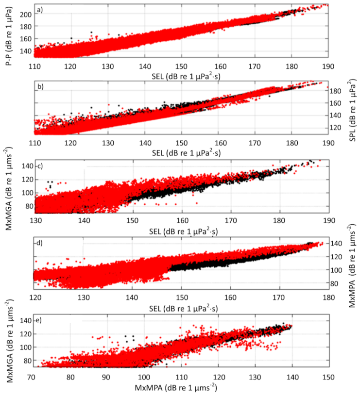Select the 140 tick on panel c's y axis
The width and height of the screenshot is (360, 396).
tap(25, 166)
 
